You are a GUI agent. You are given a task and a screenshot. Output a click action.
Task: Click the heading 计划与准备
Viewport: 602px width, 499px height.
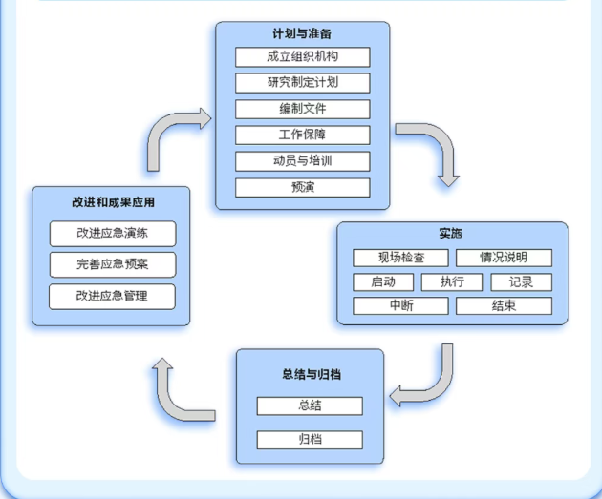(x=302, y=34)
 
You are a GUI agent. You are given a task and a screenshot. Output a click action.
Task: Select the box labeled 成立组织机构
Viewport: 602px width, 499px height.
(x=302, y=56)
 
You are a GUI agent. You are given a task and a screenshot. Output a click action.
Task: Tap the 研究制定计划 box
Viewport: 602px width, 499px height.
(x=302, y=82)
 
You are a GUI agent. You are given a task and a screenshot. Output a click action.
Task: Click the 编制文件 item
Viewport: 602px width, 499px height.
(x=302, y=108)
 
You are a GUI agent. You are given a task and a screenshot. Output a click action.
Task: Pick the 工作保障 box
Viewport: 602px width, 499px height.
(x=302, y=135)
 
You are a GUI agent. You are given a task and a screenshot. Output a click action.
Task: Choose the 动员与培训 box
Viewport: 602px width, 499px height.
(x=302, y=160)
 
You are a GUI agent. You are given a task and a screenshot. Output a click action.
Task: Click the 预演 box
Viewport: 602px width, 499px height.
(x=302, y=186)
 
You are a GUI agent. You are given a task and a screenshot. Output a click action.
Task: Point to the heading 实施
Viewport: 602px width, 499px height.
(x=451, y=234)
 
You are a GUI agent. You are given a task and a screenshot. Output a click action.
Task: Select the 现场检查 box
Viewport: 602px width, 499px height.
(x=400, y=258)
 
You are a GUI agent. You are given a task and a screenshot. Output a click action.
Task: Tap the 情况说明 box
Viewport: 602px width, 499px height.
(x=504, y=258)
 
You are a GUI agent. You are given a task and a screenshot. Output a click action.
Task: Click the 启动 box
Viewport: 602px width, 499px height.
(x=383, y=281)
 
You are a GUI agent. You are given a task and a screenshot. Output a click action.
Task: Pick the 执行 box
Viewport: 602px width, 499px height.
(x=452, y=281)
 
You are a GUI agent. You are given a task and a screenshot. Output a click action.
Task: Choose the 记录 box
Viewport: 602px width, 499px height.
(x=521, y=281)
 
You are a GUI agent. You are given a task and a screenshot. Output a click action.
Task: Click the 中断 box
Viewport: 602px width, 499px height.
(x=400, y=306)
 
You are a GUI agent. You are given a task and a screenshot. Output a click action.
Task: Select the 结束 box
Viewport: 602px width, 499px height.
(x=504, y=306)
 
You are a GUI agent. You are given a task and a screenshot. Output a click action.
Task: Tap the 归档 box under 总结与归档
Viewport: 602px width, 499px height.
(x=310, y=440)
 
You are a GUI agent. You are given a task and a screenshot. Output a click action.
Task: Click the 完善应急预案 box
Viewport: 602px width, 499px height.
(x=112, y=263)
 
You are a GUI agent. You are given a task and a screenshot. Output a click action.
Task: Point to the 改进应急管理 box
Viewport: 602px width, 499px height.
(x=112, y=296)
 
